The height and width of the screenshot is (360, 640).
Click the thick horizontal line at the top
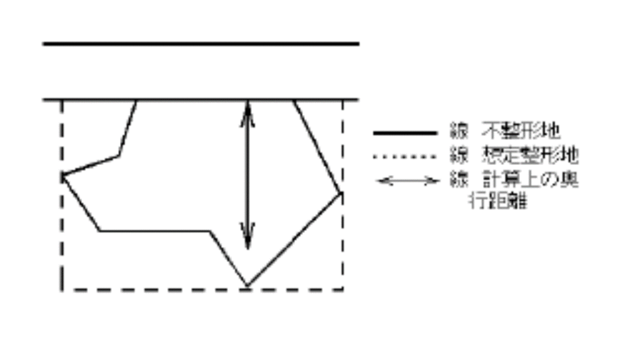pos(200,44)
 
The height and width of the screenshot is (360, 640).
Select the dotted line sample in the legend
pos(404,156)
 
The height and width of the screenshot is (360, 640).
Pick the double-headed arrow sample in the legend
pos(407,181)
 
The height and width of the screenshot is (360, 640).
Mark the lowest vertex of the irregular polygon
pos(247,287)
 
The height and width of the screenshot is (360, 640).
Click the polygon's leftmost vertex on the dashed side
pos(62,176)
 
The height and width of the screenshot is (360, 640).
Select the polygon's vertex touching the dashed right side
pos(342,193)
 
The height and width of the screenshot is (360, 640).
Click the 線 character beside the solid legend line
pos(458,132)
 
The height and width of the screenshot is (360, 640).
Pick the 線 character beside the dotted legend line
pos(458,155)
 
